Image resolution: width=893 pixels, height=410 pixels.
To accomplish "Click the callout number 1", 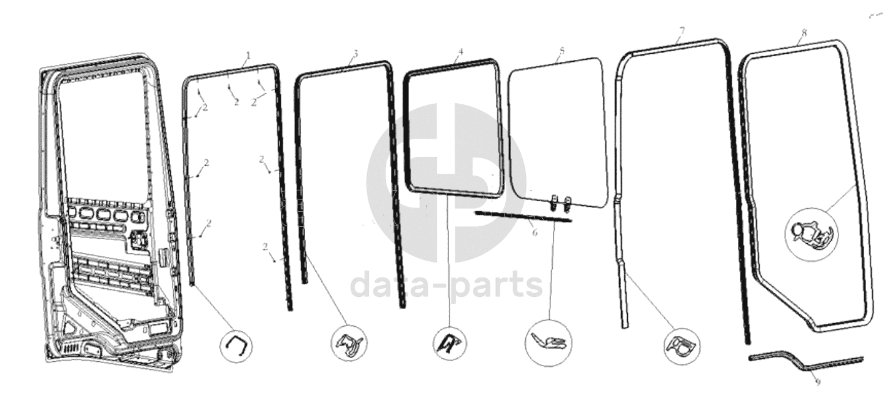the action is [x=248, y=54].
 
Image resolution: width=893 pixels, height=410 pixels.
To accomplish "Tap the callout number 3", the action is [x=356, y=53].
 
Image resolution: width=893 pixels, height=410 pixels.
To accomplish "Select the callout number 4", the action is [x=461, y=51].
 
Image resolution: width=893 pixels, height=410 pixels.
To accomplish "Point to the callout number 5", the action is [x=562, y=50].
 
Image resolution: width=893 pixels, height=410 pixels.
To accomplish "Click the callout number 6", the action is [x=535, y=232].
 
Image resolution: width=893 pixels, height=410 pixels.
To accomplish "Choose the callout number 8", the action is [x=804, y=33].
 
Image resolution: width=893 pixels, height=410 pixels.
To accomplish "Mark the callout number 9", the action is [x=818, y=382].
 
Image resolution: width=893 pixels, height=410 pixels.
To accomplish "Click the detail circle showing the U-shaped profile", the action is [x=236, y=346].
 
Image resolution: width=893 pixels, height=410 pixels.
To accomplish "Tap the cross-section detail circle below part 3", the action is [x=350, y=343].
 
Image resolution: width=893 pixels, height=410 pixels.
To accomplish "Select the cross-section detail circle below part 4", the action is [x=450, y=343].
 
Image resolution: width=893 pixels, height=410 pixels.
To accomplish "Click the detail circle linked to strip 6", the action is [x=549, y=343].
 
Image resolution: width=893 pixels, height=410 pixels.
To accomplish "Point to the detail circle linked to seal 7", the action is [x=682, y=346].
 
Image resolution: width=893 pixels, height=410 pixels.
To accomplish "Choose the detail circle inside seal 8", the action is [x=812, y=234].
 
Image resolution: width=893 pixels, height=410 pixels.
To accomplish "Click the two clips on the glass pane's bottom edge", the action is [x=560, y=203].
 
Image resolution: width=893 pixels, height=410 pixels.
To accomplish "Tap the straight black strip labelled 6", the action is [x=523, y=216].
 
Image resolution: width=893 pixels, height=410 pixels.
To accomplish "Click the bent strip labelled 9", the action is [x=805, y=361].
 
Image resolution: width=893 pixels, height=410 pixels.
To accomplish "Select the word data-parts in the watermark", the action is [x=446, y=286].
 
